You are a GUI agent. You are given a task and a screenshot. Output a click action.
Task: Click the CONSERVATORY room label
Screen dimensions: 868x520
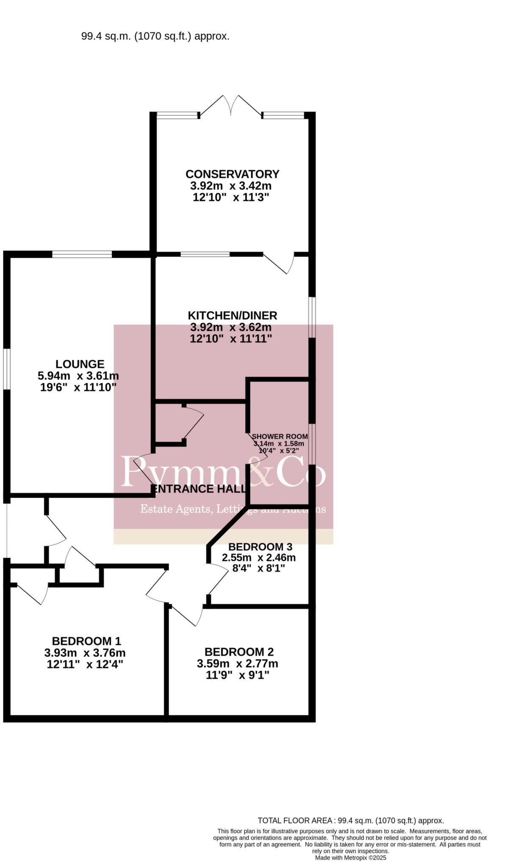(x=232, y=174)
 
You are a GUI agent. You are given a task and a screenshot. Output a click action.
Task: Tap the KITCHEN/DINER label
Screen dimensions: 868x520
(x=232, y=315)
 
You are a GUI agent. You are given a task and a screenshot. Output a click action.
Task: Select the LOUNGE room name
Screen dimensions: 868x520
(x=80, y=364)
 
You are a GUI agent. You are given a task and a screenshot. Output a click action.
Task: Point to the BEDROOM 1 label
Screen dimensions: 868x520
(x=86, y=641)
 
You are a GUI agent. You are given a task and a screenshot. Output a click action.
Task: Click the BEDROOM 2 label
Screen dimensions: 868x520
(x=239, y=652)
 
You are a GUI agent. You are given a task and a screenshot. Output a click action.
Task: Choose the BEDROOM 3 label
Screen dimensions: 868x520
(x=260, y=547)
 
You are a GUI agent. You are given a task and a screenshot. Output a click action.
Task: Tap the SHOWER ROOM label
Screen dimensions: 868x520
(x=280, y=437)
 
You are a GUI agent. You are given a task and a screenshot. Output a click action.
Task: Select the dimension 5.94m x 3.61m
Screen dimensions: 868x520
(x=78, y=376)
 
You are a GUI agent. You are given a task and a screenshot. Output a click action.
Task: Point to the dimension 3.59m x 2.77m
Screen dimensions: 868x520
(x=237, y=663)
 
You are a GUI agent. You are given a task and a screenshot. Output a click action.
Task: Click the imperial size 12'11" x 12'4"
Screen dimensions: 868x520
(x=85, y=664)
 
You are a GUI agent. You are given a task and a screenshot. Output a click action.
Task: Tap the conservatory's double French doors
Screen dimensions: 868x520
(x=231, y=106)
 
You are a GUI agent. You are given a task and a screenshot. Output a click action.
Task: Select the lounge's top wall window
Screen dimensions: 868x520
(x=82, y=254)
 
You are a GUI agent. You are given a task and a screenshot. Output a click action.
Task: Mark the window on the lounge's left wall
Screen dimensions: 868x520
(x=7, y=369)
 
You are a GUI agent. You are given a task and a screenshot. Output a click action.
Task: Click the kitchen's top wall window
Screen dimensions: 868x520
(x=205, y=254)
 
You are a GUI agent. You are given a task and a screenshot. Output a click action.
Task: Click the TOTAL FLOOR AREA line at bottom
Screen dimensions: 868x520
(x=350, y=821)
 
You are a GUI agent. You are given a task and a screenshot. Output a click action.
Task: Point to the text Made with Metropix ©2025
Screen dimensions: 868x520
(x=350, y=857)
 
